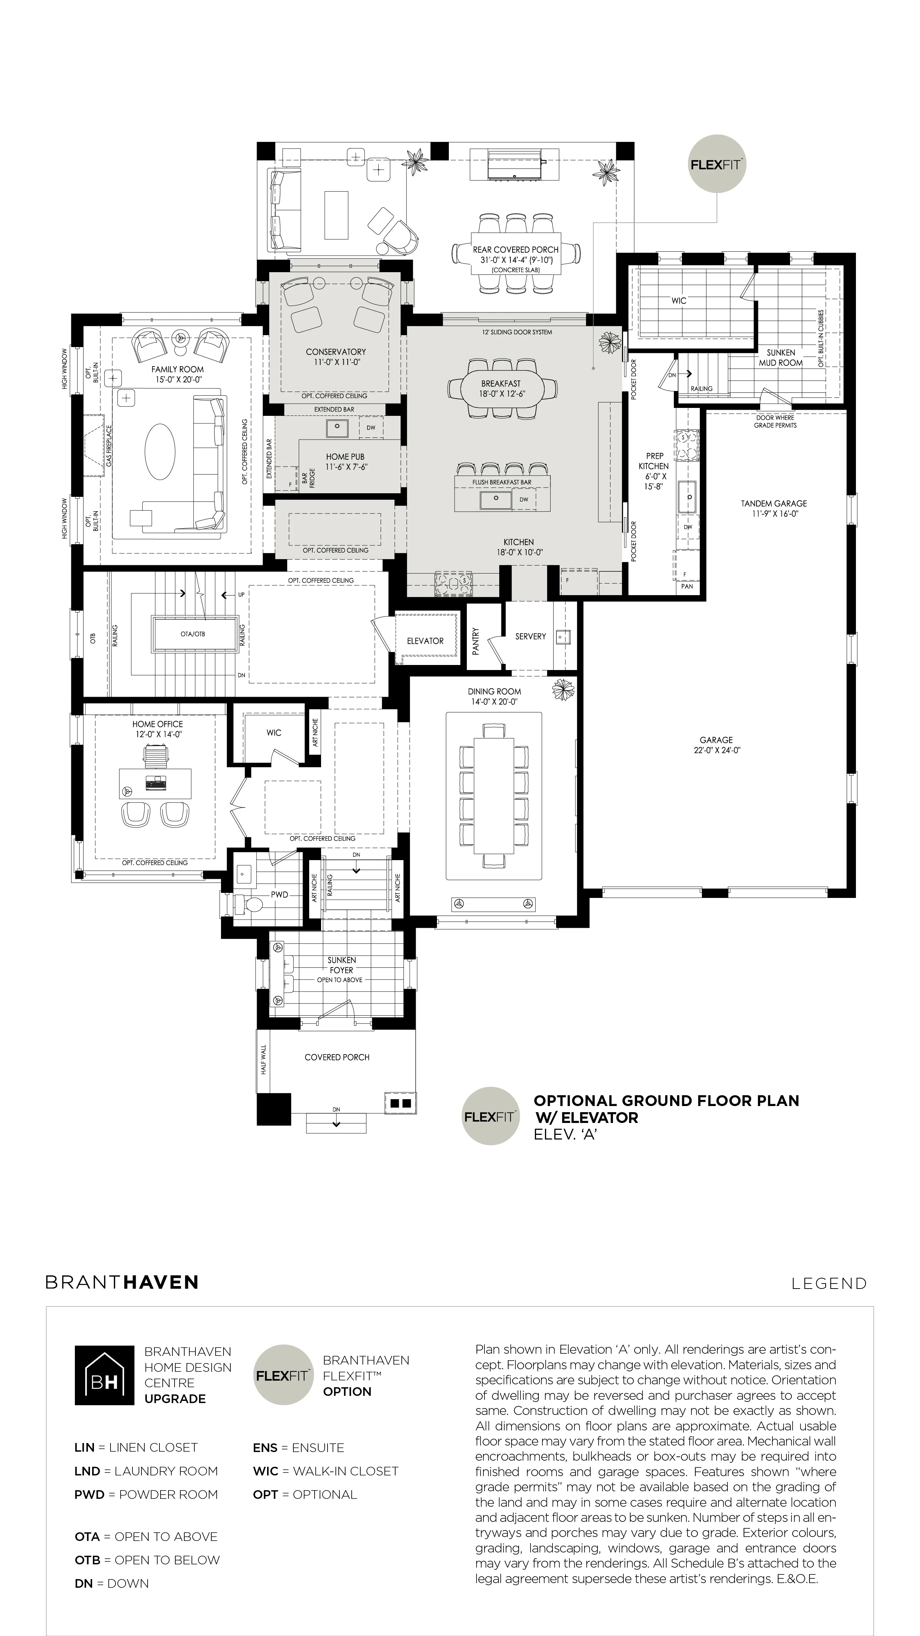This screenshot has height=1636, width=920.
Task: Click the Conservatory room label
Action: click(336, 352)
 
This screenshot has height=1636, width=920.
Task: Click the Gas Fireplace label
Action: click(109, 446)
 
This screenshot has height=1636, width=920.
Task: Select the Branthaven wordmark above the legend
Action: click(122, 1282)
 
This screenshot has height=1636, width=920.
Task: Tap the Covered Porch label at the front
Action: click(337, 1057)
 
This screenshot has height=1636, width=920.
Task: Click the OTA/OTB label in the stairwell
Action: click(193, 634)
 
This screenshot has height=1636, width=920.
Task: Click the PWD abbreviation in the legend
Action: click(90, 1495)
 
